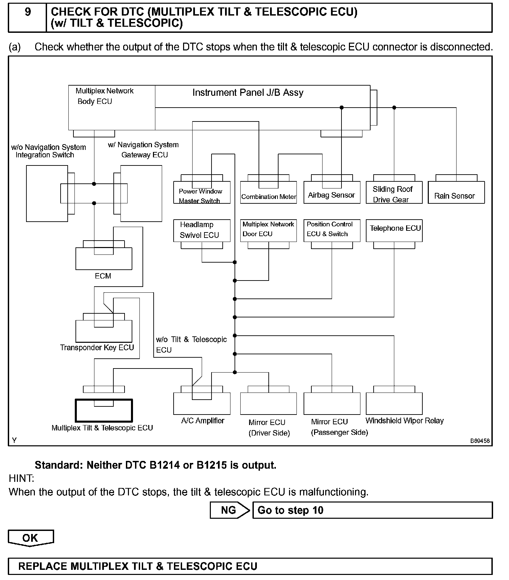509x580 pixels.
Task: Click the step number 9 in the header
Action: pyautogui.click(x=27, y=13)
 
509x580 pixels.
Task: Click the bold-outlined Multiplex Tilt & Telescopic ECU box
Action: pyautogui.click(x=104, y=410)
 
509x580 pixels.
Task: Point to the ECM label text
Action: pyautogui.click(x=103, y=276)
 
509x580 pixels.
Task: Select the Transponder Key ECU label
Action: pyautogui.click(x=97, y=348)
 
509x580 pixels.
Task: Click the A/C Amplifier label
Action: pyautogui.click(x=203, y=421)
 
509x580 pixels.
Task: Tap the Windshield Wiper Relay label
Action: pyautogui.click(x=404, y=421)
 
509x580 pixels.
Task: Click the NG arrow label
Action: pyautogui.click(x=228, y=510)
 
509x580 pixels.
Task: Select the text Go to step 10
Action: pyautogui.click(x=290, y=510)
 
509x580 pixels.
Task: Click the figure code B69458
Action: pyautogui.click(x=480, y=441)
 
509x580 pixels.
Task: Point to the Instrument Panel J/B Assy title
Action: pyautogui.click(x=248, y=93)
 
